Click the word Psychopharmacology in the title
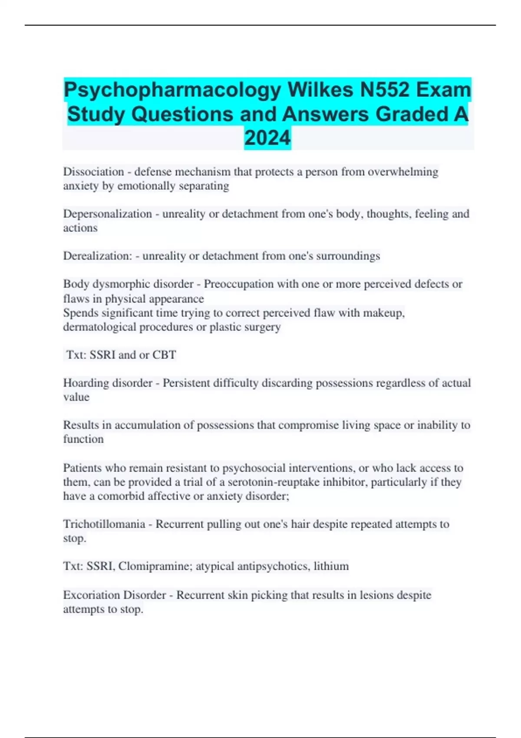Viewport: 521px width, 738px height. pyautogui.click(x=173, y=90)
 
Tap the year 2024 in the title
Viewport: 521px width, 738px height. pyautogui.click(x=267, y=138)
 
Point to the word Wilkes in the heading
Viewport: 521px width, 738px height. pyautogui.click(x=320, y=90)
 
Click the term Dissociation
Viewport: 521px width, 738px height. pyautogui.click(x=93, y=172)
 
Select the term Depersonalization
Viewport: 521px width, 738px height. pyautogui.click(x=107, y=214)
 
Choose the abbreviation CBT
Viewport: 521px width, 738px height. pyautogui.click(x=164, y=355)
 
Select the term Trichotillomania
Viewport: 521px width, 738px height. pyautogui.click(x=104, y=524)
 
